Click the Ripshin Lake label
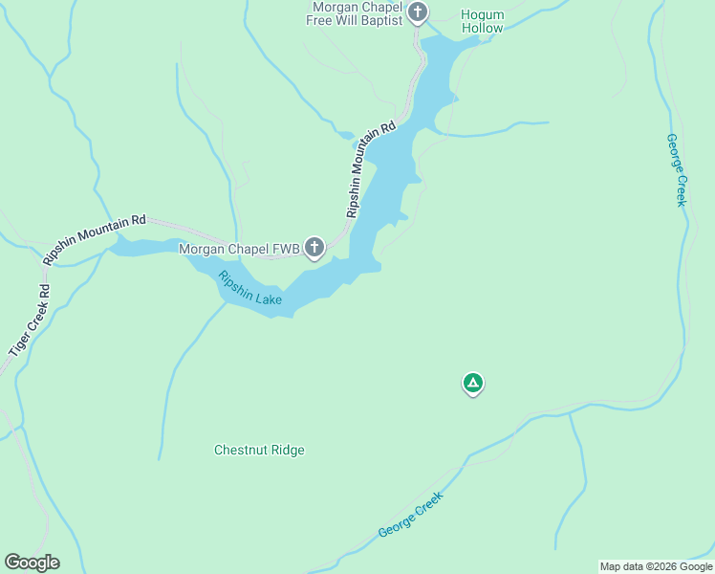(x=249, y=289)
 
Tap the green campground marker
(x=472, y=384)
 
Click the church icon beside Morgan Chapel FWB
(x=314, y=248)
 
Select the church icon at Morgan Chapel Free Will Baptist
(x=417, y=12)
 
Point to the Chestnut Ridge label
(x=259, y=450)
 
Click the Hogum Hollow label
(x=482, y=22)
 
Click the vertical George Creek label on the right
(x=677, y=169)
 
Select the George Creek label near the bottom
(x=412, y=515)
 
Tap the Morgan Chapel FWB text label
(x=240, y=249)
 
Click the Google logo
(x=32, y=563)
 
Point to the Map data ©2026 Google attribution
(x=656, y=566)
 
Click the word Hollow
(x=482, y=29)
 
